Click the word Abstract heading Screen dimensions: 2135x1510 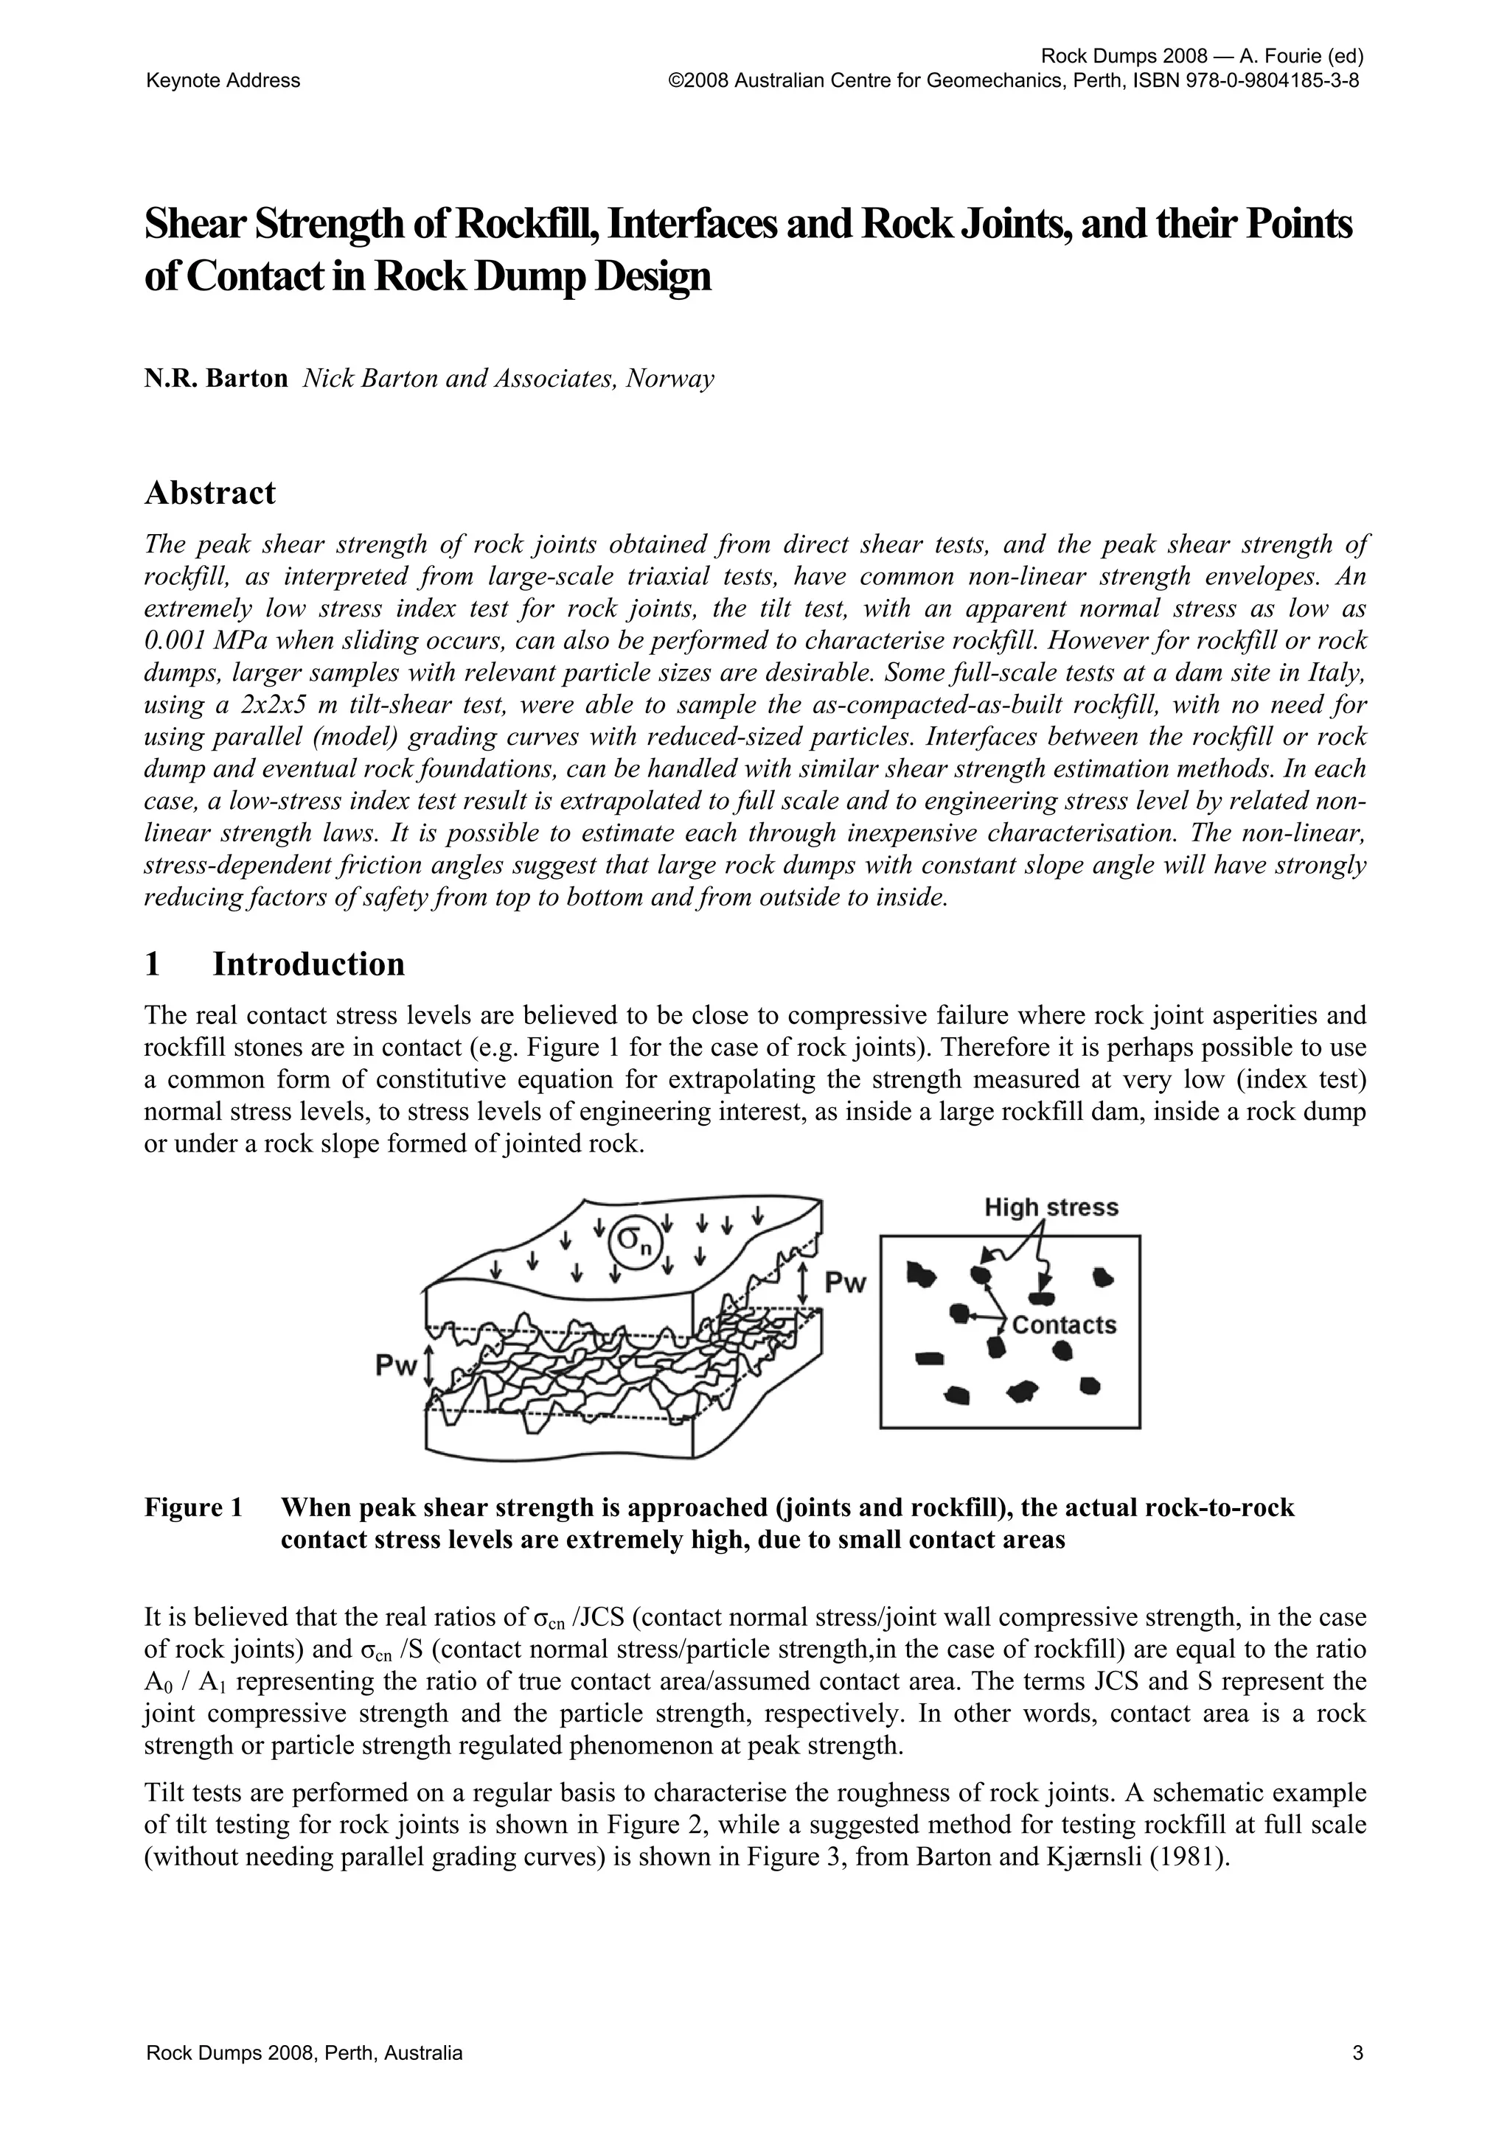209,494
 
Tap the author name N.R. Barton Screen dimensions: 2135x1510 216,379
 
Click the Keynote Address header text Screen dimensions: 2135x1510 223,81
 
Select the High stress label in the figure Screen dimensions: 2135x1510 1051,1208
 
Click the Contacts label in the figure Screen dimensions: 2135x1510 1062,1325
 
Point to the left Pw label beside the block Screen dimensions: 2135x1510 394,1366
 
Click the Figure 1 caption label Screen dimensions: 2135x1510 193,1507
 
